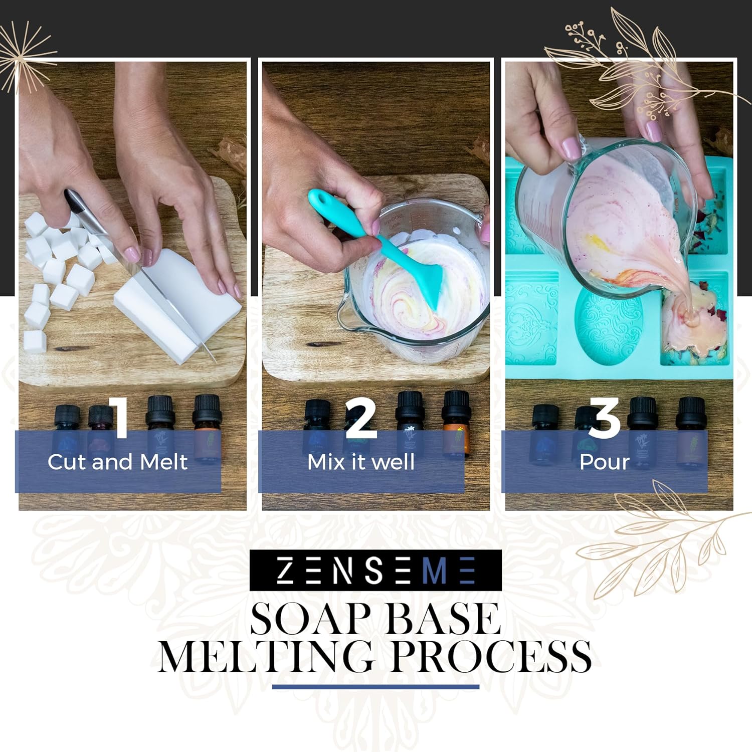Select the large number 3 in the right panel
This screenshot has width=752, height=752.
[605, 419]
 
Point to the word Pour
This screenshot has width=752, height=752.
[604, 462]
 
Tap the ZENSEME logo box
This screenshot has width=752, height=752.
[375, 570]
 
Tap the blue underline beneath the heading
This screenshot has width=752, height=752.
[375, 687]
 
